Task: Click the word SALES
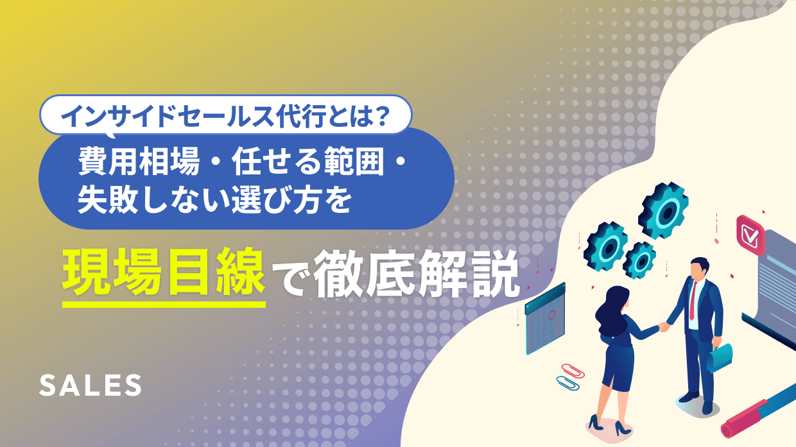pyautogui.click(x=91, y=385)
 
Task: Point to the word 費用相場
pyautogui.click(x=139, y=162)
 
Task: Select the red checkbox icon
pyautogui.click(x=750, y=235)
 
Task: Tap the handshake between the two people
pyautogui.click(x=663, y=326)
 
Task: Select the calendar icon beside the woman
pyautogui.click(x=545, y=318)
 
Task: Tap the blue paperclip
pyautogui.click(x=568, y=383)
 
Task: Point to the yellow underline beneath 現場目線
pyautogui.click(x=164, y=304)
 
